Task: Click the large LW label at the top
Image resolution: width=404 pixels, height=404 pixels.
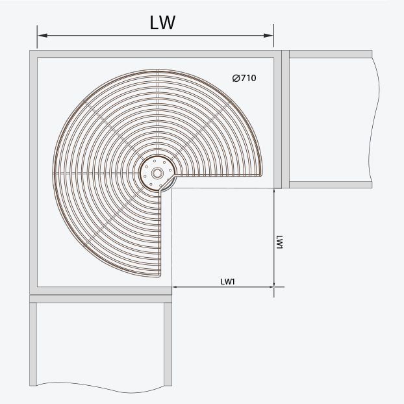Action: [x=162, y=23]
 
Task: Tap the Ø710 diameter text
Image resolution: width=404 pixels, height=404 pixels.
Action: [x=244, y=79]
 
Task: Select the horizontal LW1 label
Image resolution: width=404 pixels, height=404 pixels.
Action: [x=227, y=281]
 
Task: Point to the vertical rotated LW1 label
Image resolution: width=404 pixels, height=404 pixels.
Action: [x=279, y=242]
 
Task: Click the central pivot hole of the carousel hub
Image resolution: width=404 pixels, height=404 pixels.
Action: [x=157, y=173]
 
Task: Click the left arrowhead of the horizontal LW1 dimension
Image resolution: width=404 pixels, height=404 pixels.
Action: [x=175, y=286]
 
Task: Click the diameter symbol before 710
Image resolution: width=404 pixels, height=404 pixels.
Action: [x=236, y=79]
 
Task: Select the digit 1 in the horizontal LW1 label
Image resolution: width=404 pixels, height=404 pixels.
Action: [x=233, y=281]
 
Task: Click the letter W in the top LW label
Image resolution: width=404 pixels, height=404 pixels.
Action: [x=168, y=23]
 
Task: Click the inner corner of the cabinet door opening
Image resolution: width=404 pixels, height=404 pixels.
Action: [x=173, y=189]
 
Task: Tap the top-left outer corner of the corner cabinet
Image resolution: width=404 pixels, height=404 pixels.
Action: [x=31, y=51]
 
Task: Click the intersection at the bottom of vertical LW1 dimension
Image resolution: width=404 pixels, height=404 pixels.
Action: [x=274, y=286]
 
